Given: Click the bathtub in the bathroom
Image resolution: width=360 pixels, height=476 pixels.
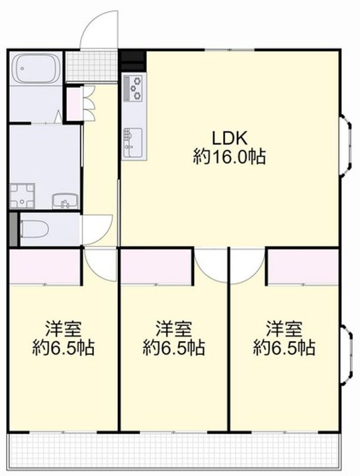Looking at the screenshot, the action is tap(38, 68).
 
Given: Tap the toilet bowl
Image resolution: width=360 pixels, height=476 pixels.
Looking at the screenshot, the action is tap(34, 229).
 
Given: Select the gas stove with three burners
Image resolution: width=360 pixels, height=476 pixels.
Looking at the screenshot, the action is tap(134, 88).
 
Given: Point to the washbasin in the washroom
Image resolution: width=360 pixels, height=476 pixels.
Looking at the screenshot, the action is tap(65, 201).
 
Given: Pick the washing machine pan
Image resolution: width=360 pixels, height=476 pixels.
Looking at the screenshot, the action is tap(22, 196).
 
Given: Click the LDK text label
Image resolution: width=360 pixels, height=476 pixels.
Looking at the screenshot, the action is tap(230, 138).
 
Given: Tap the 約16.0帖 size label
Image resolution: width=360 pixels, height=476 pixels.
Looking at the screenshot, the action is tap(230, 157).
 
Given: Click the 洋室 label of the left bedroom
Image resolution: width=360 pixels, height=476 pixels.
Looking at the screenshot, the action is tap(64, 329).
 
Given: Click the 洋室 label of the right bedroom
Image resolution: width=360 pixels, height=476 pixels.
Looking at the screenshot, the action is tap(284, 329).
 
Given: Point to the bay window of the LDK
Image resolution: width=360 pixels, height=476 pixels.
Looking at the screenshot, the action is tap(345, 145).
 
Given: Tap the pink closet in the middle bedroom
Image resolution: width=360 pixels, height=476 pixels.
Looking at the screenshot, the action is tap(156, 266).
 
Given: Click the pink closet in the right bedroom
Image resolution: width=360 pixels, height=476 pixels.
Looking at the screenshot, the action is tap(303, 266).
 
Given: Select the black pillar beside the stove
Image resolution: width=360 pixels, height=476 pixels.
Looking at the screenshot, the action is tap(132, 60).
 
